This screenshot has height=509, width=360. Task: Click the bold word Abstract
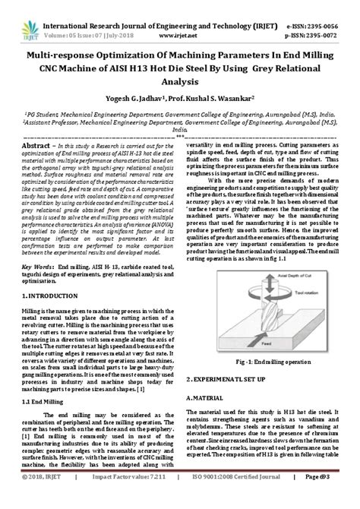[x=39, y=144]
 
